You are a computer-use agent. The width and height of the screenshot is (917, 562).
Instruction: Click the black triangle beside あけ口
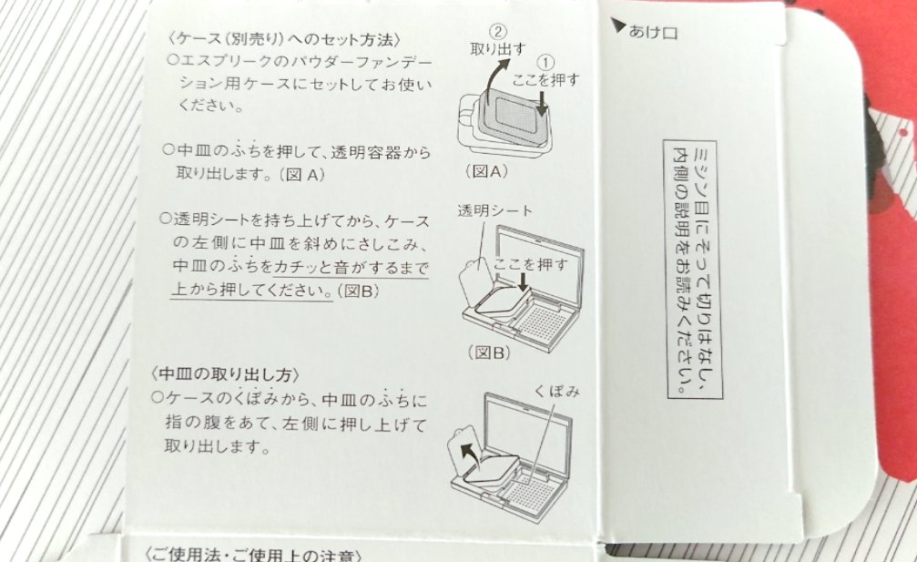[x=619, y=30]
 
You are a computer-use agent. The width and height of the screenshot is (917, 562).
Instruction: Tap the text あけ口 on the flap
[x=653, y=32]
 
